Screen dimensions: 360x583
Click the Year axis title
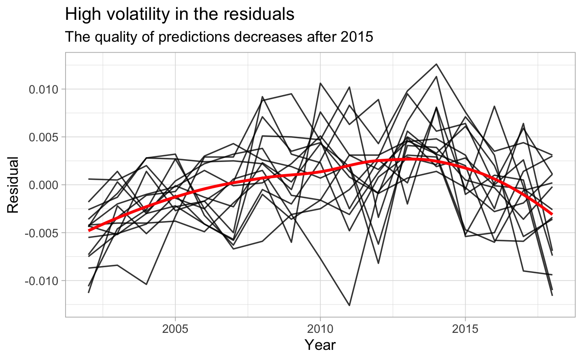pos(320,345)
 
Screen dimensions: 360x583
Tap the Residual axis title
pos(13,185)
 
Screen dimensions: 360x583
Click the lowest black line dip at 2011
pos(349,305)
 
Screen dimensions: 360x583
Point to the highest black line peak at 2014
pos(436,64)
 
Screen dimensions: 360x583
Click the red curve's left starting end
pos(89,230)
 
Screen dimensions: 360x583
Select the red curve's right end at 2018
pos(552,214)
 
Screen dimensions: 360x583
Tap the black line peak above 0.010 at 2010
pos(320,83)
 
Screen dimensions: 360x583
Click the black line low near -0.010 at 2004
pos(146,284)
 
